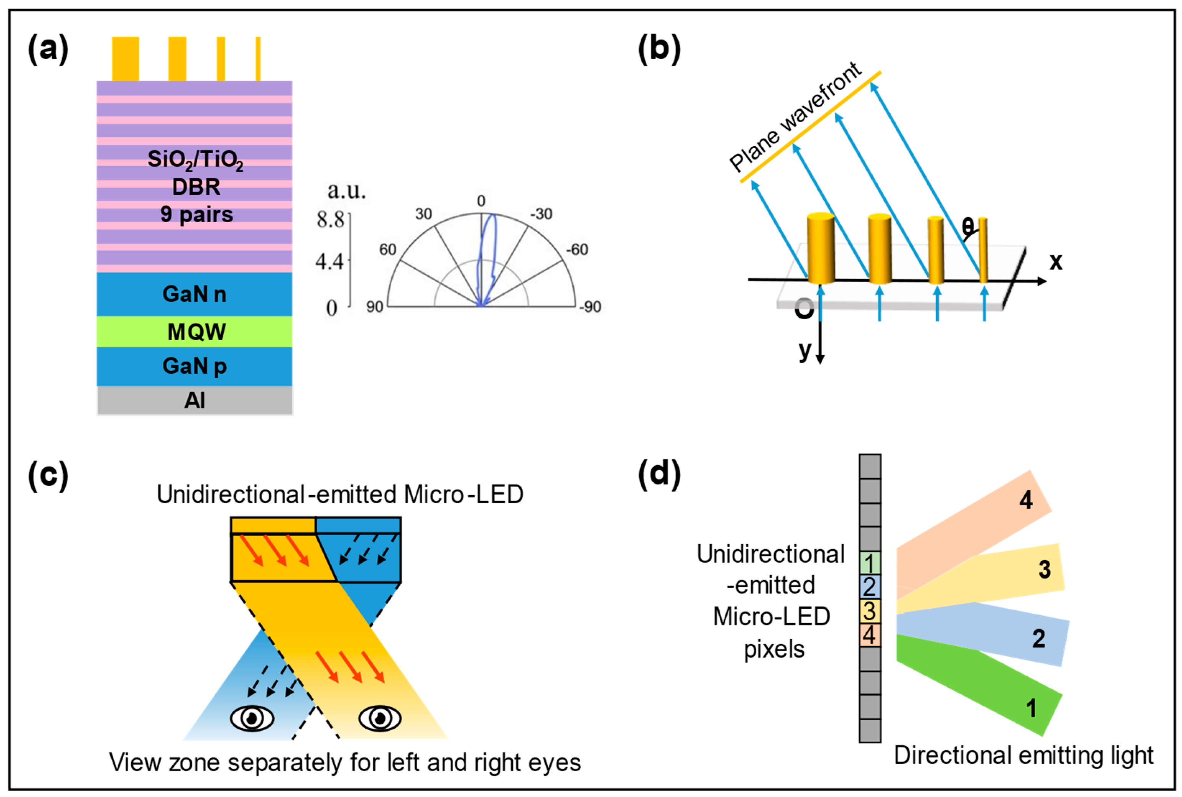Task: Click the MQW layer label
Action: click(x=196, y=332)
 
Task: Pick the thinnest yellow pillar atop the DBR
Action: click(x=258, y=58)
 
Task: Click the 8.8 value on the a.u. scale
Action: click(x=330, y=220)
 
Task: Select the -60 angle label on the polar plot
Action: click(x=577, y=250)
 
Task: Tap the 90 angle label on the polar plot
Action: click(x=375, y=307)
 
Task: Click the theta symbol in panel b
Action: click(x=968, y=226)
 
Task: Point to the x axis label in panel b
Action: click(x=1056, y=261)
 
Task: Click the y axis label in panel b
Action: click(x=804, y=350)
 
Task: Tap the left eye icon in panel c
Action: click(x=252, y=718)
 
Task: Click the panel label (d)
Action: click(x=659, y=475)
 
